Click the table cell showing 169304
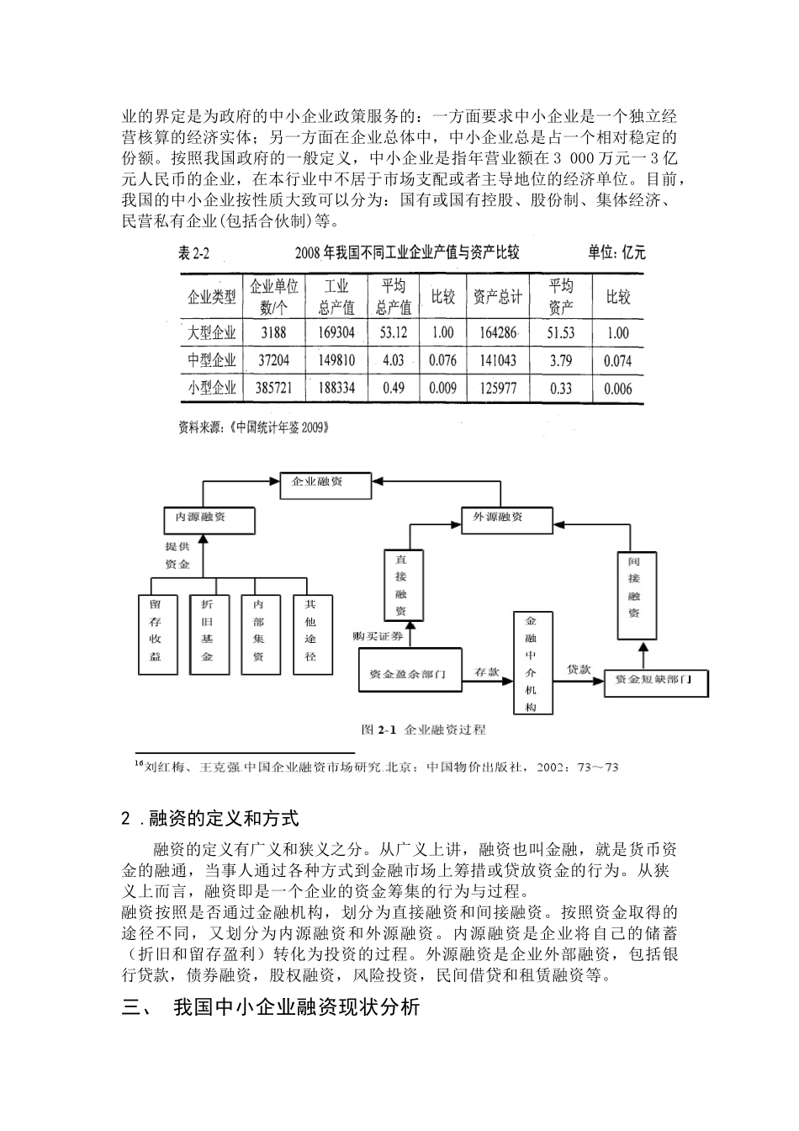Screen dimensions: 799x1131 336,332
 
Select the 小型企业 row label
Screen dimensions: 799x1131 211,388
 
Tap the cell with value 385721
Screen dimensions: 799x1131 273,388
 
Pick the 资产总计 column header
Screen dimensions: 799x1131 497,296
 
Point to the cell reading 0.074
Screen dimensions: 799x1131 617,361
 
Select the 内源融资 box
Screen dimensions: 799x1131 209,518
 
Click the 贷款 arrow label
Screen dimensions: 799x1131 578,669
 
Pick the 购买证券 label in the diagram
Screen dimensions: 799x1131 379,636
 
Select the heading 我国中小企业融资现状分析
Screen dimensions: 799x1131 296,1007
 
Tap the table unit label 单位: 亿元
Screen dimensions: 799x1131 616,252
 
